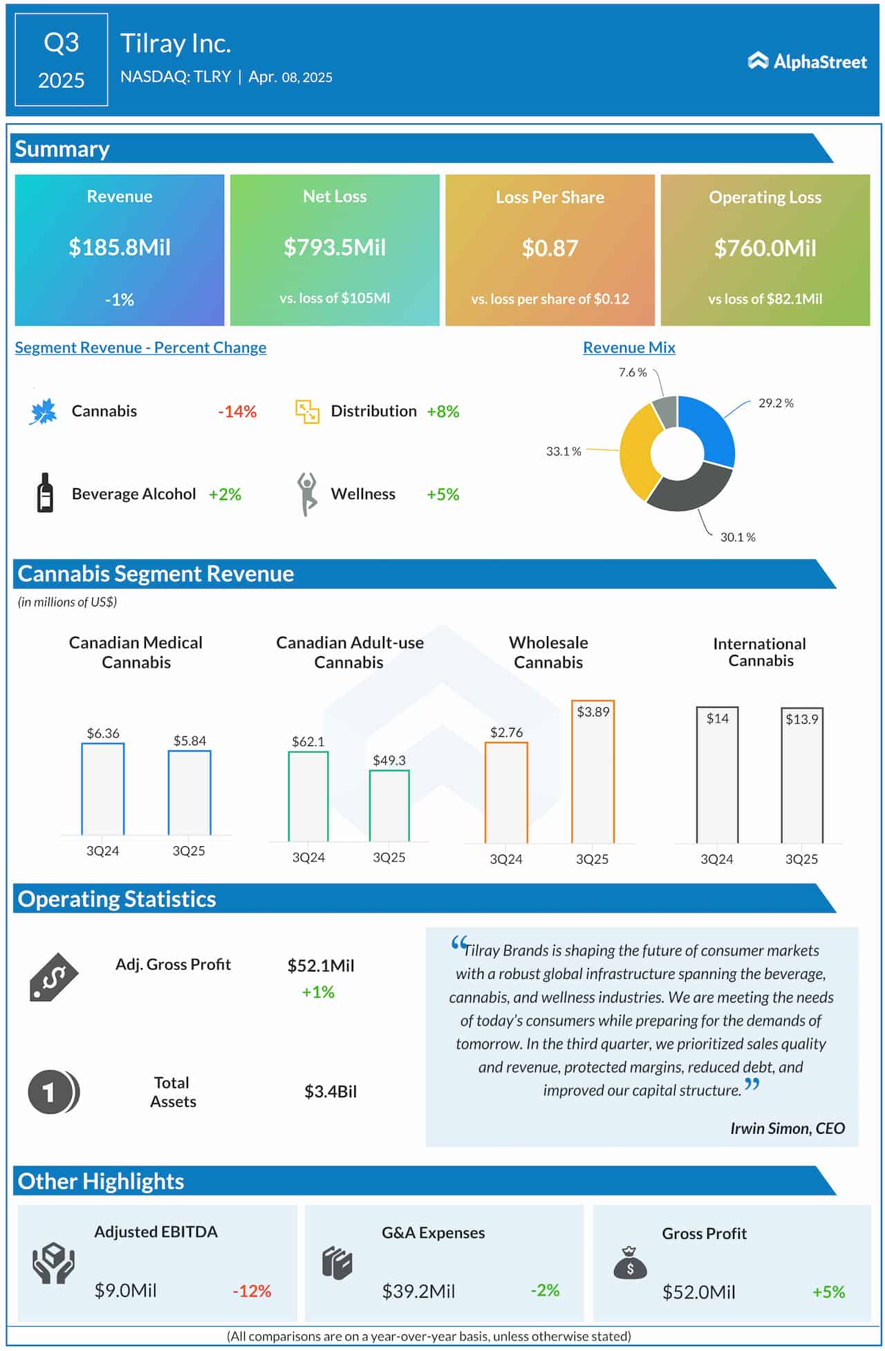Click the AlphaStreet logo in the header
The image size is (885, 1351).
pos(807,62)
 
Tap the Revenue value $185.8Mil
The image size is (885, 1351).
pos(120,248)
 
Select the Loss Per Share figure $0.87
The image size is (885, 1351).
pos(550,248)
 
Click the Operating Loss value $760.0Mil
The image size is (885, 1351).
pos(765,248)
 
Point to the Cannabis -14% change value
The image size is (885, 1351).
pos(237,411)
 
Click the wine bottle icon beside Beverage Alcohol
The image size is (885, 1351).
pos(45,492)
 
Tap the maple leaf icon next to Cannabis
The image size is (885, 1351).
pos(43,411)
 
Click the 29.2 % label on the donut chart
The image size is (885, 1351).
pos(776,403)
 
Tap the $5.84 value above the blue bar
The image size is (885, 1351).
pos(189,740)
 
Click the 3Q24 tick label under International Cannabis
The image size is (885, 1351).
pos(716,859)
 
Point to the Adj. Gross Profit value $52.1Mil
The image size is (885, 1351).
pos(321,965)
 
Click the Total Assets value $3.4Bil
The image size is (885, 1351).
pos(330,1091)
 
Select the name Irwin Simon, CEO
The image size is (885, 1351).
pos(787,1128)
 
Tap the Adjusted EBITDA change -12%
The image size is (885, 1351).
pos(252,1291)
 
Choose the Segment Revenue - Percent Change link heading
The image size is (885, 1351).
pos(140,348)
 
